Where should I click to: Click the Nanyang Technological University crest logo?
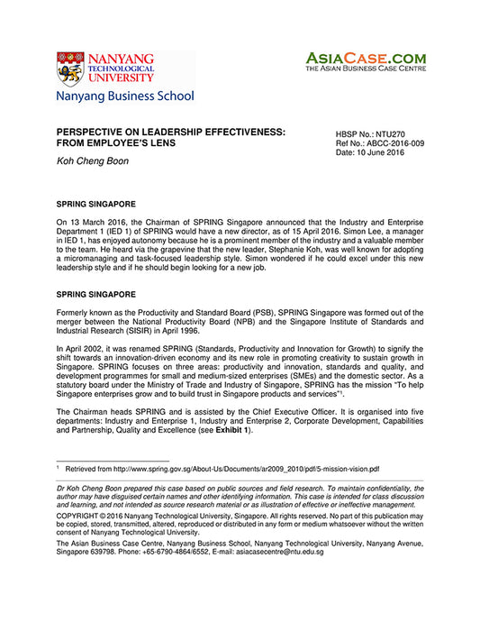coord(71,68)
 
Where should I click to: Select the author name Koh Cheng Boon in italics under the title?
coord(93,160)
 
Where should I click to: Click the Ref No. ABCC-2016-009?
coord(379,143)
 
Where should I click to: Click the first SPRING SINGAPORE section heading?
coord(95,205)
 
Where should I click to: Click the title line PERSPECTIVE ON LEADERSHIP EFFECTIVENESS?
coord(171,132)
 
